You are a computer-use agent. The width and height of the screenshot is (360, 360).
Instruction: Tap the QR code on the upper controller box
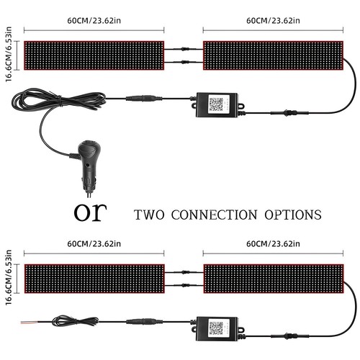(216, 104)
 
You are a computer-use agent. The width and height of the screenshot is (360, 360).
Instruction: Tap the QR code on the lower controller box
(216, 328)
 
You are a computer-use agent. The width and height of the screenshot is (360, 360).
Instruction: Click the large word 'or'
(90, 212)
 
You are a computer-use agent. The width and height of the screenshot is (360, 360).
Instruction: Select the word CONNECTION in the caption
(214, 215)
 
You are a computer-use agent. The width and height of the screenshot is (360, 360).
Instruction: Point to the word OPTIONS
(293, 215)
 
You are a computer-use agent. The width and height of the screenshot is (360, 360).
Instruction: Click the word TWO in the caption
(149, 215)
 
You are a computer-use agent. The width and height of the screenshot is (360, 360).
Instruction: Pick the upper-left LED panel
(94, 55)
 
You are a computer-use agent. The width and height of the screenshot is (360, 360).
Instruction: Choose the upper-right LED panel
(273, 55)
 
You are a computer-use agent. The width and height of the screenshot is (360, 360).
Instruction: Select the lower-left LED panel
(94, 279)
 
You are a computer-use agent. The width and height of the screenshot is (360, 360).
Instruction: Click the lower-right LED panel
(274, 279)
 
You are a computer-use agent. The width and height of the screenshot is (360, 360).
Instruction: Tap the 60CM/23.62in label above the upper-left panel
(94, 21)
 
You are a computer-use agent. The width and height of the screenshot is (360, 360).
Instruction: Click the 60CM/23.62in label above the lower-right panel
(273, 244)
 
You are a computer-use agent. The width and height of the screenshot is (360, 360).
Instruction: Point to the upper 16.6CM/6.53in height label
(9, 54)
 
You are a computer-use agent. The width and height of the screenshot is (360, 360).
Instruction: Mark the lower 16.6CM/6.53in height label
(9, 277)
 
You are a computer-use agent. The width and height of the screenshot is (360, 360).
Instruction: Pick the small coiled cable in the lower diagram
(75, 321)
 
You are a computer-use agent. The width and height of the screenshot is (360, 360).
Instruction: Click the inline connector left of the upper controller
(144, 98)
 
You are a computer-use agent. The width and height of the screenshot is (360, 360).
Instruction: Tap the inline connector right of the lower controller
(289, 336)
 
